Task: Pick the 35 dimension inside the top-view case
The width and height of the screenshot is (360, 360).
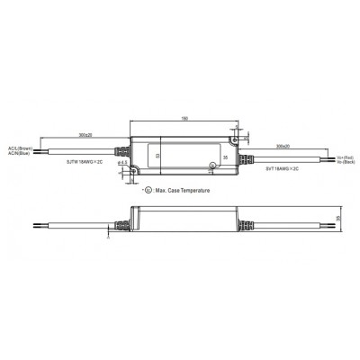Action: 224,158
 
